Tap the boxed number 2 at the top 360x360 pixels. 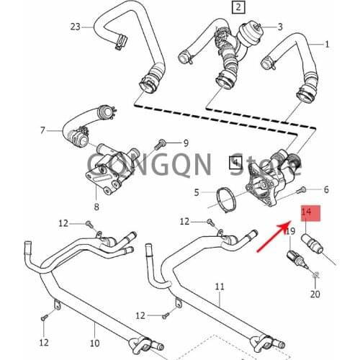pyautogui.click(x=237, y=9)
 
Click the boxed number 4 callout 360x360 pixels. pyautogui.click(x=234, y=163)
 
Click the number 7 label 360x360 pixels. pyautogui.click(x=42, y=130)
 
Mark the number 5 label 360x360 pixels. pyautogui.click(x=196, y=192)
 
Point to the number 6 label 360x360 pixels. pyautogui.click(x=325, y=189)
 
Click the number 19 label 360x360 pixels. pyautogui.click(x=290, y=231)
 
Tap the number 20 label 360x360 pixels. pyautogui.click(x=314, y=294)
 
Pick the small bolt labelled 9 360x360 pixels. pyautogui.click(x=163, y=143)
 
